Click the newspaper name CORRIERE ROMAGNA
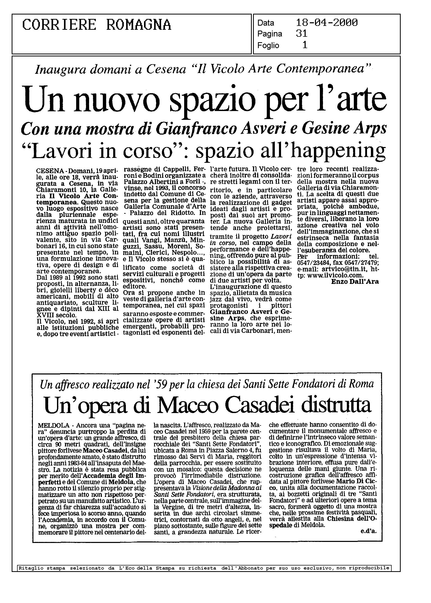pyautogui.click(x=97, y=25)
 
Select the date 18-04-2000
pyautogui.click(x=327, y=23)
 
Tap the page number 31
pyautogui.click(x=301, y=34)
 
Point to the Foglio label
pyautogui.click(x=268, y=46)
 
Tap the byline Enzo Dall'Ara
pyautogui.click(x=355, y=282)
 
